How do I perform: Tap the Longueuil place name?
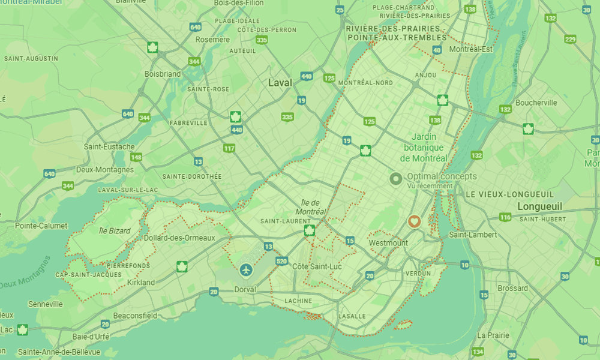click(x=539, y=206)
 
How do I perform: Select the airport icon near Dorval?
click(x=245, y=270)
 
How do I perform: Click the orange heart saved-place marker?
click(x=413, y=221)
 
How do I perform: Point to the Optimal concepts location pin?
click(x=395, y=178)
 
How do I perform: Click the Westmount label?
click(x=388, y=243)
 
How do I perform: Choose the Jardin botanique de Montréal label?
click(x=424, y=148)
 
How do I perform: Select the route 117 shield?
click(x=229, y=148)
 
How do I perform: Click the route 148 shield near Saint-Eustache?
click(x=137, y=157)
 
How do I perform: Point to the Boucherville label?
click(x=536, y=103)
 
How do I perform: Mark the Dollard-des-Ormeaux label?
click(x=179, y=238)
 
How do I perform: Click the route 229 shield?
click(x=570, y=40)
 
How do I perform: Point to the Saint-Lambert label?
click(x=475, y=235)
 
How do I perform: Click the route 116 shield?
click(x=505, y=217)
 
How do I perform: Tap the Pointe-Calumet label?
click(x=37, y=226)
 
